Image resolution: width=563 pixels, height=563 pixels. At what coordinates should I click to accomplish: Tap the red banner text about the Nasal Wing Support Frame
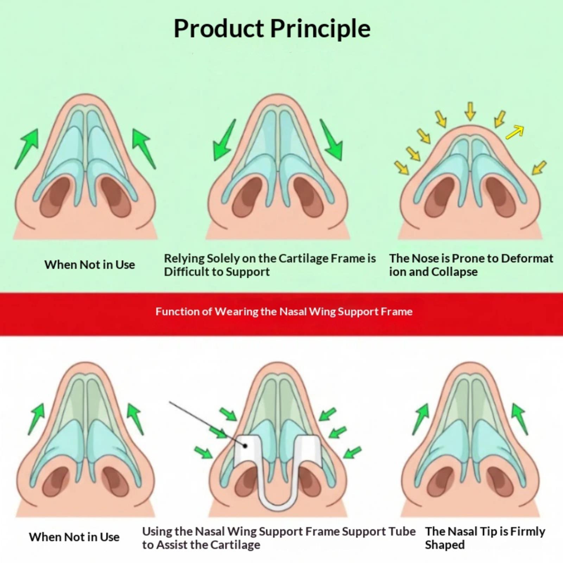(x=284, y=311)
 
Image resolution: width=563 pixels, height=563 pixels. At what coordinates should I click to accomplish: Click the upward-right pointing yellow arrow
(x=514, y=132)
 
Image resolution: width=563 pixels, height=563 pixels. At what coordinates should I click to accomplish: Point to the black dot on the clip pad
(x=245, y=446)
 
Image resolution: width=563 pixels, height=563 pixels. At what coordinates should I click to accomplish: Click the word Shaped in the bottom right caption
(x=445, y=545)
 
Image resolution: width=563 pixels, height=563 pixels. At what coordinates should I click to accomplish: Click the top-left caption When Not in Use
(x=90, y=265)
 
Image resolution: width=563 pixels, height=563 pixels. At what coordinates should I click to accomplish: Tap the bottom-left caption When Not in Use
(x=74, y=537)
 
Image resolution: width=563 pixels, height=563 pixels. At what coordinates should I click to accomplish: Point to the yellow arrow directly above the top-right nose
(x=470, y=111)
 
